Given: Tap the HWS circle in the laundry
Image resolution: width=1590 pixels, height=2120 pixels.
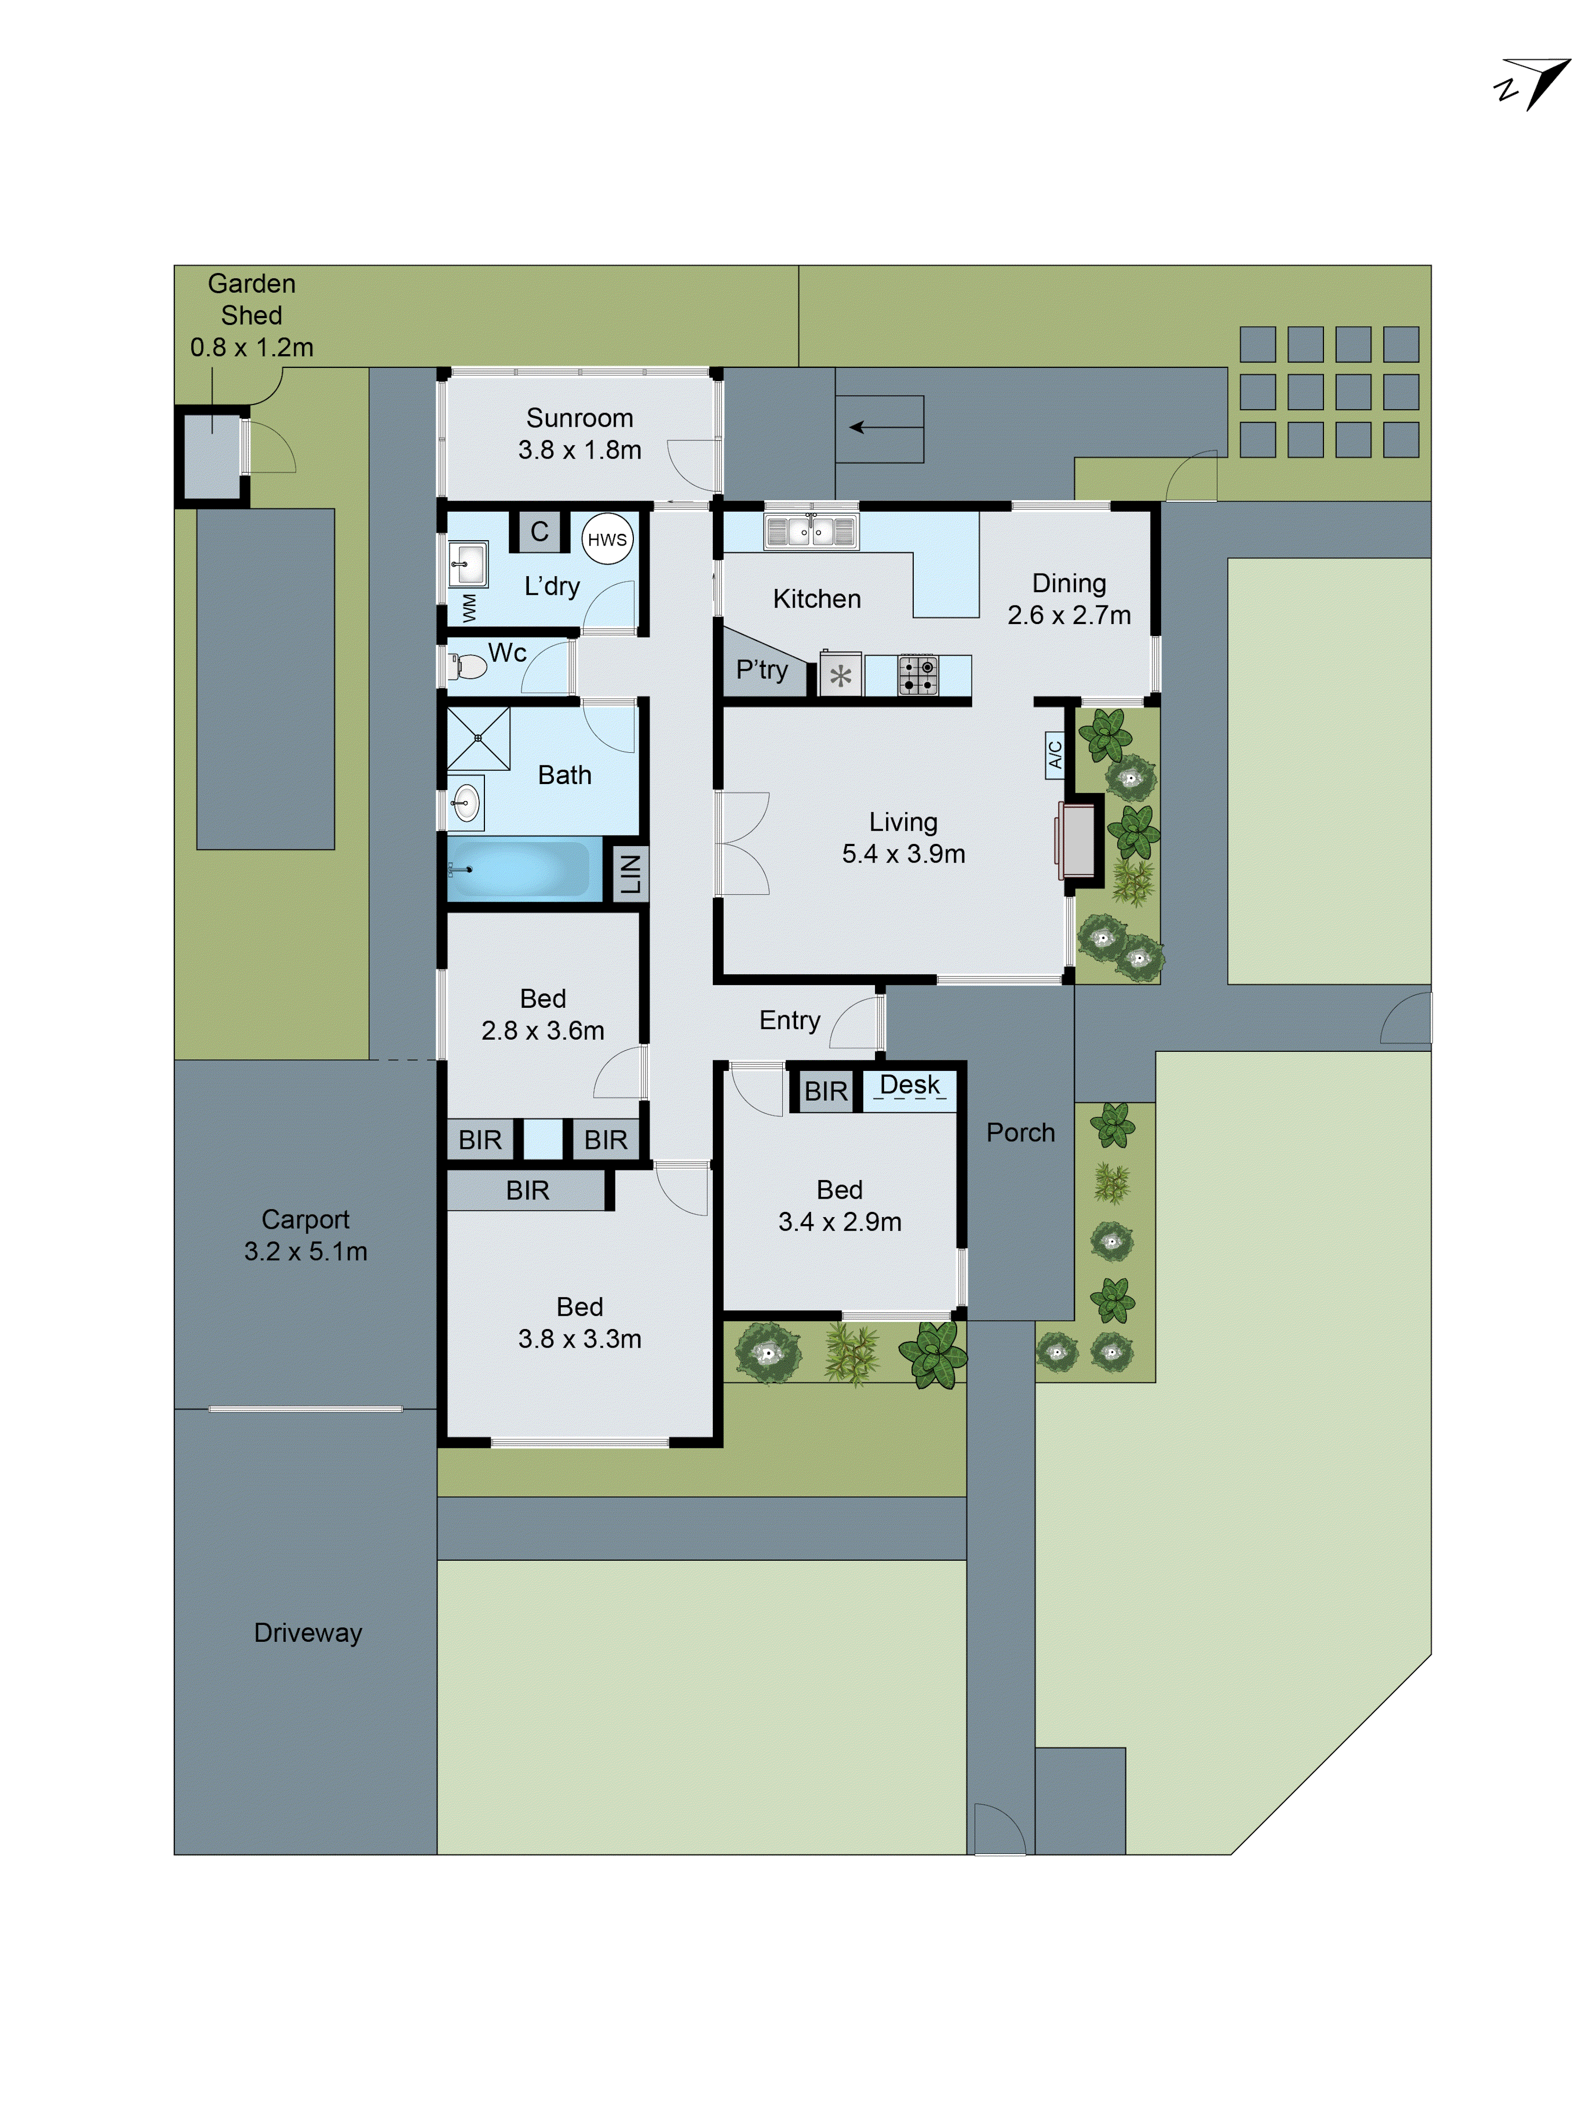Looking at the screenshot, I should [x=607, y=540].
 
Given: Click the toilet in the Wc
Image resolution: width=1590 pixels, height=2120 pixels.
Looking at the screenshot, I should [x=469, y=665].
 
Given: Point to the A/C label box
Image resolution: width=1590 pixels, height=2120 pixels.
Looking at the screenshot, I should [x=1054, y=753].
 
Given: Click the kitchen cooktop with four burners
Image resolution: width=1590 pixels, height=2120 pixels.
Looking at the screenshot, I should [x=917, y=675].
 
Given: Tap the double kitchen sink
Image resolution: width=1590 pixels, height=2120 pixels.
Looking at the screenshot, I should [x=811, y=531].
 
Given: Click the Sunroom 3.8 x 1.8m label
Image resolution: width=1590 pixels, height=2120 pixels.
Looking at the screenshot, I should [x=580, y=433].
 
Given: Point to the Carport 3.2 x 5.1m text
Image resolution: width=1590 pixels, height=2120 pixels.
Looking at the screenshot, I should [x=306, y=1235].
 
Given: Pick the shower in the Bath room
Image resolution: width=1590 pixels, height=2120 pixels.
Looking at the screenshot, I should [x=478, y=738].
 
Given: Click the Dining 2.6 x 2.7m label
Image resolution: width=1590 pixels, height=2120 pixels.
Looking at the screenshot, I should [x=1068, y=599].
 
